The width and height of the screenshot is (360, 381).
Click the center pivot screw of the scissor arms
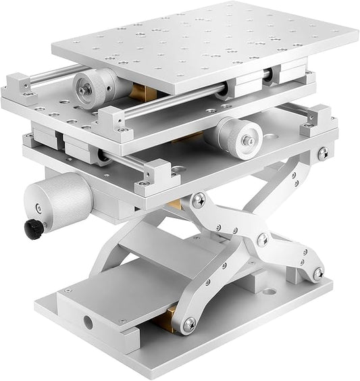click(x=261, y=240)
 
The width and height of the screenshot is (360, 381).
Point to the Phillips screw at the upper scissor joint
click(x=199, y=200)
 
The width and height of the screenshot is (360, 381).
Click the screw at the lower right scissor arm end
click(x=317, y=273)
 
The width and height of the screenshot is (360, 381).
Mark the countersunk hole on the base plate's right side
click(x=271, y=293)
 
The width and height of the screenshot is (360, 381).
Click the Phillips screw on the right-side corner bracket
click(x=322, y=153)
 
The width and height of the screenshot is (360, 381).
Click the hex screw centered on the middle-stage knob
click(x=247, y=141)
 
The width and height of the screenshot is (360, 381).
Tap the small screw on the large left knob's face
click(x=38, y=207)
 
